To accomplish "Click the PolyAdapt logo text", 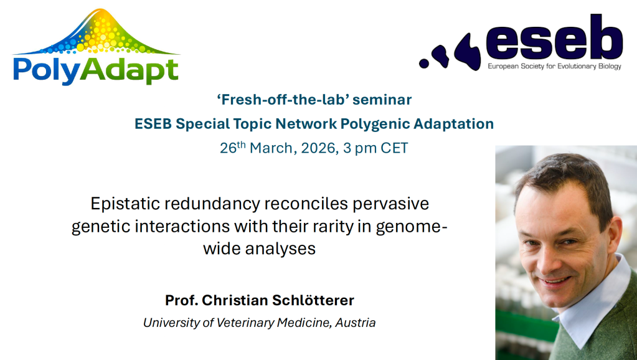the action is (x=96, y=71).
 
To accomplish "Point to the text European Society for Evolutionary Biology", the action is (x=555, y=66).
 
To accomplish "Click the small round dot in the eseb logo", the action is (x=424, y=63).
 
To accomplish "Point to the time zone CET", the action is (x=394, y=148).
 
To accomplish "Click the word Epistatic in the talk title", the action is (x=125, y=204).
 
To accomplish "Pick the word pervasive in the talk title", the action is (x=391, y=204).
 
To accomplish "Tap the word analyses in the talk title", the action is (x=280, y=249).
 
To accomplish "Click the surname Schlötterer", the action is (x=313, y=300).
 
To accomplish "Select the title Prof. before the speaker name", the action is (x=182, y=300).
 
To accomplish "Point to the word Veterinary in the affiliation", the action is (x=245, y=323).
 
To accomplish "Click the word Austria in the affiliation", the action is (x=355, y=323).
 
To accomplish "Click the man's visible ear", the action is (x=613, y=238).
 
